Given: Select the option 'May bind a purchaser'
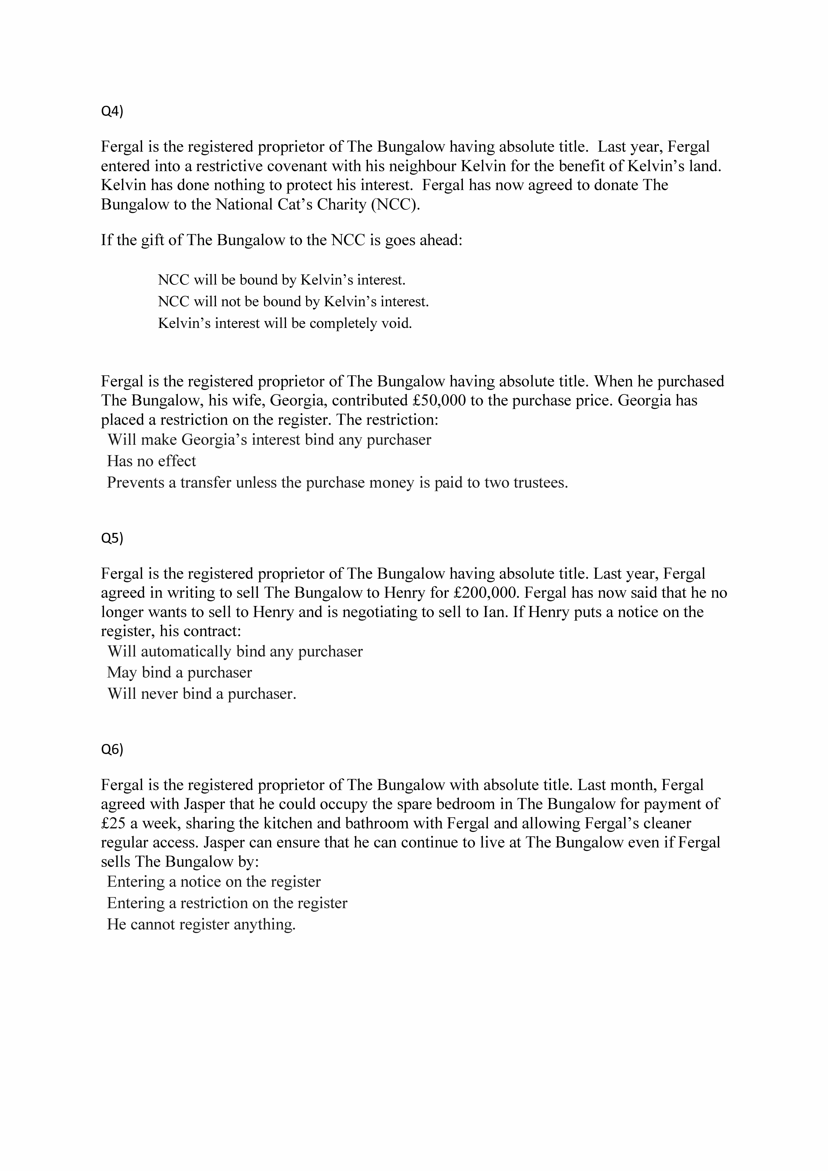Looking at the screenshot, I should pos(179,672).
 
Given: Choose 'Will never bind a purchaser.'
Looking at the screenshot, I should pos(201,694).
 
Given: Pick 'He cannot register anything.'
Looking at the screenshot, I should pos(201,924).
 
